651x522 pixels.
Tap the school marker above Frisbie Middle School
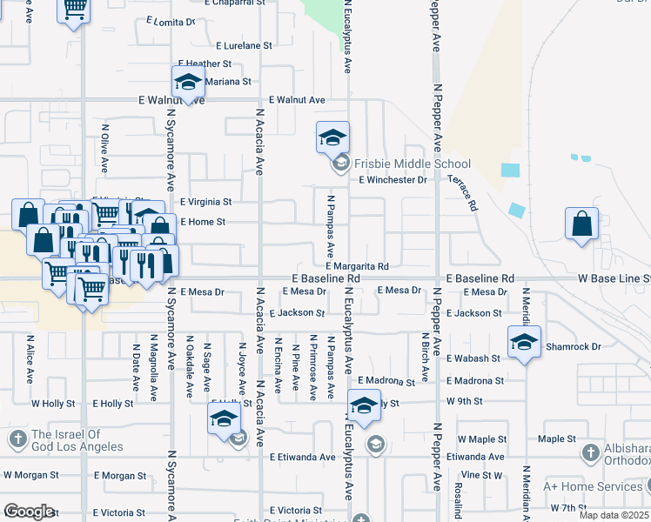pos(332,137)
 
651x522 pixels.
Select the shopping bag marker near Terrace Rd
pos(581,224)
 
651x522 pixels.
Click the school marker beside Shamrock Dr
pos(523,342)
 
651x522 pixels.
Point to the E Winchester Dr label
pos(393,180)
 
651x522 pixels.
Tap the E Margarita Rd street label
pos(357,266)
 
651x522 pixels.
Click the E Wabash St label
pos(473,358)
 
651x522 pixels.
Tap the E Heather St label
pos(205,64)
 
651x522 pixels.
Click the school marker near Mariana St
pos(187,83)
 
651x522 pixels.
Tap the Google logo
pos(29,512)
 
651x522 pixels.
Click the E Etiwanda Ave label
pos(302,457)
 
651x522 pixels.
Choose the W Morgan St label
pos(31,476)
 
